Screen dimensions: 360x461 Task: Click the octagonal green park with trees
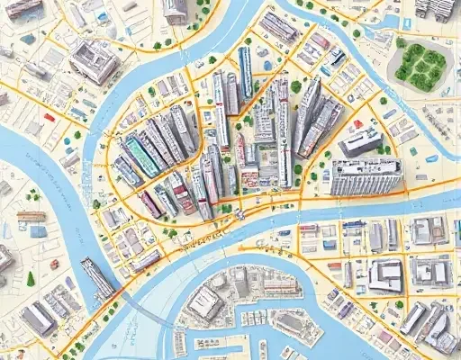(x=420, y=61)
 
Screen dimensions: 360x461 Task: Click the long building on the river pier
(x=98, y=276)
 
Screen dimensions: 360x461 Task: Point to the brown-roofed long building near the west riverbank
(x=31, y=217)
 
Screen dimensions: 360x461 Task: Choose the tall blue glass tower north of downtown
(x=245, y=72)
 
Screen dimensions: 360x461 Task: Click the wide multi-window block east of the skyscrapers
(x=365, y=176)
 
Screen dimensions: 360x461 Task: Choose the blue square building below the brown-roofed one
(x=37, y=231)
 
